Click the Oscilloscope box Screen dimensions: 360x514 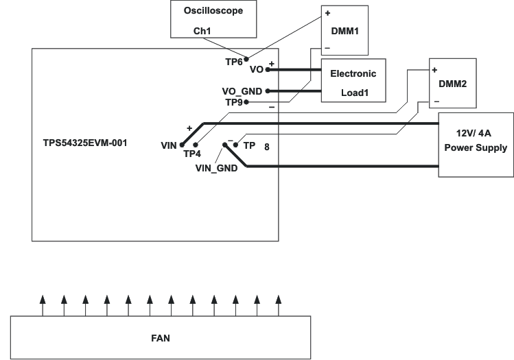213,20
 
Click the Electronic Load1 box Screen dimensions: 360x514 353,80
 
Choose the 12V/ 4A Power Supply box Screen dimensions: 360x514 476,141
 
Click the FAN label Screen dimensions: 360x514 160,337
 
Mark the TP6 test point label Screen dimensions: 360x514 233,62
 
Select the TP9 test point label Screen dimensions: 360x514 234,101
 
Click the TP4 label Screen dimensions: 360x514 192,154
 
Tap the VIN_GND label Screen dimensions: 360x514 216,167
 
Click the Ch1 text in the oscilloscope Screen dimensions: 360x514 201,31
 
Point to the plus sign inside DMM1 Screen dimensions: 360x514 327,13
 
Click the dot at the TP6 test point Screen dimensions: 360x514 246,60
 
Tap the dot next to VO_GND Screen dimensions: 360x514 268,91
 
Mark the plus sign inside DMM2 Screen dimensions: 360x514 435,69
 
